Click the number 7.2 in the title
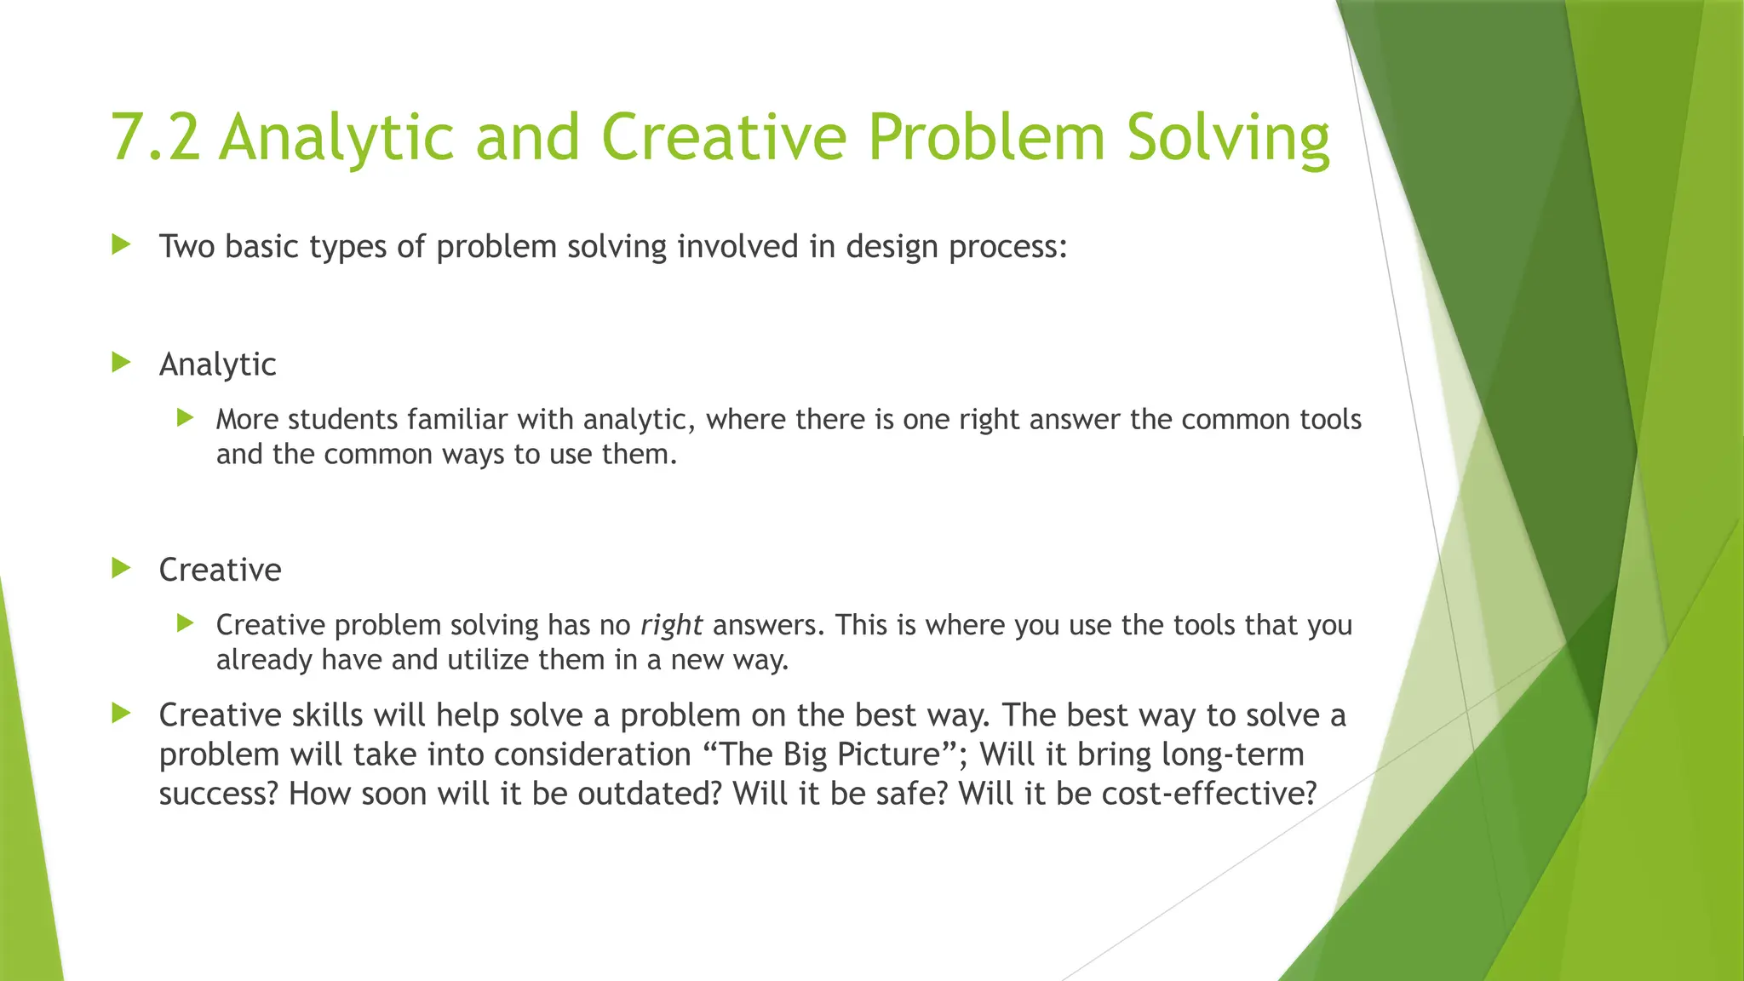tap(155, 138)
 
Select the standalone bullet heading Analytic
tap(217, 364)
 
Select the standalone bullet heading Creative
tap(220, 570)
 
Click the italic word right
tap(671, 625)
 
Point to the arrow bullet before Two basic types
tap(122, 245)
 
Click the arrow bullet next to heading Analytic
tap(122, 363)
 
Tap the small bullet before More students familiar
tap(186, 417)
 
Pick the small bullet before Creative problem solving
tap(186, 623)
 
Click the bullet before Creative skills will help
tap(122, 713)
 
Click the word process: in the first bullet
tap(1007, 247)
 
